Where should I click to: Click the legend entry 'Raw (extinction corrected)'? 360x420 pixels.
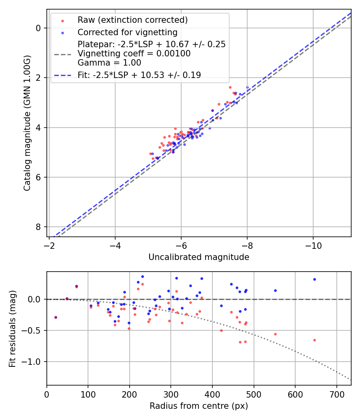tap(132, 20)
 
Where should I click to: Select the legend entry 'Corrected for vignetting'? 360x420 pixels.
tap(127, 32)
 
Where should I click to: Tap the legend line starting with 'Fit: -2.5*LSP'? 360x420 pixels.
tap(139, 75)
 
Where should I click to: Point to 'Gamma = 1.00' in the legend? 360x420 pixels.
tap(109, 62)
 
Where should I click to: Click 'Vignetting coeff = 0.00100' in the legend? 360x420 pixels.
tap(134, 54)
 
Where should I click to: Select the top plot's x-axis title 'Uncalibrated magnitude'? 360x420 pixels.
tap(199, 257)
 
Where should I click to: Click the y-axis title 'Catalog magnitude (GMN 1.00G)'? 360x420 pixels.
tap(27, 123)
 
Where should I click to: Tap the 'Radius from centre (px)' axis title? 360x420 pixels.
tap(199, 406)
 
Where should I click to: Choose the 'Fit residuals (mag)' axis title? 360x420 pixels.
tap(12, 328)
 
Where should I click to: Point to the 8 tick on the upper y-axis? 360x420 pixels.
tap(39, 227)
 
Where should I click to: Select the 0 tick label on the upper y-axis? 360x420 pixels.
tap(39, 28)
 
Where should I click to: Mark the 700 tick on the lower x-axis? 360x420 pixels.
tap(336, 394)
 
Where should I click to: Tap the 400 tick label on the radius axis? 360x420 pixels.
tap(212, 394)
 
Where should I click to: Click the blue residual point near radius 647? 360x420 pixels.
tap(314, 279)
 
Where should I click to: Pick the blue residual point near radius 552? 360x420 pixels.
tap(275, 290)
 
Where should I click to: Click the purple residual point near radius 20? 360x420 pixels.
tap(56, 317)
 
